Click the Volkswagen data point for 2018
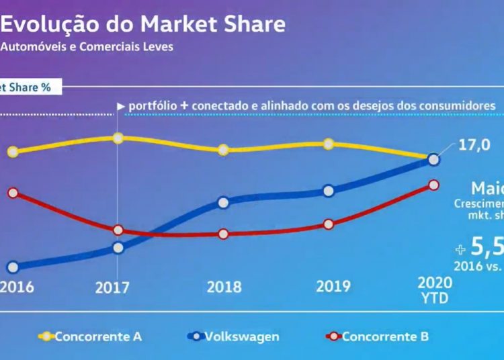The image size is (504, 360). tap(224, 201)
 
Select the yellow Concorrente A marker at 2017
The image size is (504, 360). tap(118, 138)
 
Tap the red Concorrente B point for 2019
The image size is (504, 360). tap(328, 224)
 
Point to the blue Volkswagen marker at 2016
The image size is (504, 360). tap(12, 267)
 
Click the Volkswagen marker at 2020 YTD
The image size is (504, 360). tap(433, 159)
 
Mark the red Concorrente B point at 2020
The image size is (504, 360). tap(433, 185)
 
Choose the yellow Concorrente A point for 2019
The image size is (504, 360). tap(328, 144)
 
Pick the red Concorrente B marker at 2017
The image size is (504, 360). tap(118, 230)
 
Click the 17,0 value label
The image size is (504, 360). tap(474, 145)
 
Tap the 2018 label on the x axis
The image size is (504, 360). tap(224, 287)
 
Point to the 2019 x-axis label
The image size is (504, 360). tap(333, 287)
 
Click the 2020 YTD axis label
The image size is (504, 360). tap(434, 289)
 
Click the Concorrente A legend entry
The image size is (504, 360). tap(97, 336)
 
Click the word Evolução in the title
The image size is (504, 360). tap(45, 24)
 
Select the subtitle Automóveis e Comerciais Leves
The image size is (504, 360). tap(87, 47)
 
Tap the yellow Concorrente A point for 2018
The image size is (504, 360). tap(224, 149)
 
